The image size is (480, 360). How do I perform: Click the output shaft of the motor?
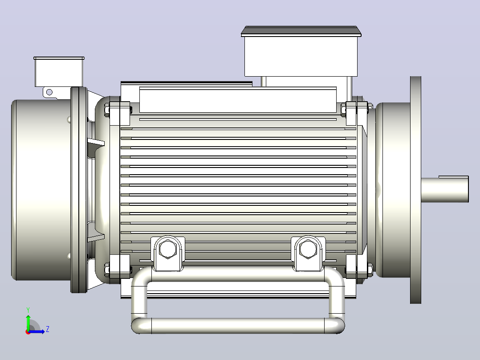pos(444,190)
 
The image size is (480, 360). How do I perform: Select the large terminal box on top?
pos(301,52)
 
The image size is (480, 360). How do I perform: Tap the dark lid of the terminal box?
pos(301,31)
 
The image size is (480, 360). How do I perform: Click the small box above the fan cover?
pos(59,72)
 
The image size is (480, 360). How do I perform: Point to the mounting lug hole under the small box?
pos(49,92)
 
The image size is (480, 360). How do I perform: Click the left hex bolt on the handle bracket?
pos(168,249)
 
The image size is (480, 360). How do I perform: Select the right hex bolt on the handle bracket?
pos(308,249)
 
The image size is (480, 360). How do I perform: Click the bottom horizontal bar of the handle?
pos(238,325)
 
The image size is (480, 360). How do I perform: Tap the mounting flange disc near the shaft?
pos(415,190)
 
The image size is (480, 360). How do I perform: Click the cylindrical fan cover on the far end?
pos(41,190)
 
